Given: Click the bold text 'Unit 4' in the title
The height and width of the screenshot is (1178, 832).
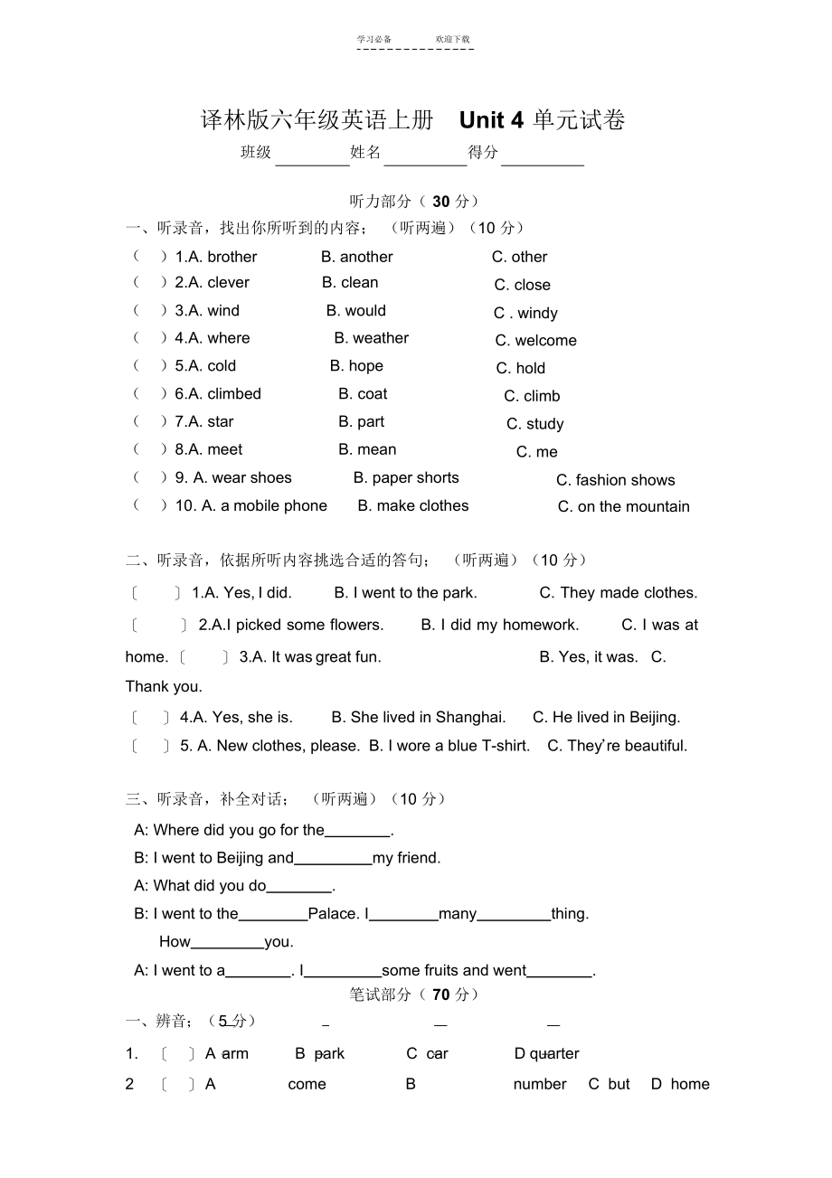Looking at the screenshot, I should [x=491, y=120].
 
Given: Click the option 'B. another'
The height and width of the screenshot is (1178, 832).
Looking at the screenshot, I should [x=357, y=257].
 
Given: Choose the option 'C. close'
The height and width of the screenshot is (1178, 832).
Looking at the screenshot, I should [x=522, y=285].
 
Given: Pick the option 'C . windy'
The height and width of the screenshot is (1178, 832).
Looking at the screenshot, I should [x=525, y=313].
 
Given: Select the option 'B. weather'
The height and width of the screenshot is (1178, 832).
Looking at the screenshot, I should [x=371, y=338].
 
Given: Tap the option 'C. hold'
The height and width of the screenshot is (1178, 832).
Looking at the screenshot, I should [x=520, y=368].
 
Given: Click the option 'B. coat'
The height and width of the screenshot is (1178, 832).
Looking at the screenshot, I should [x=363, y=394].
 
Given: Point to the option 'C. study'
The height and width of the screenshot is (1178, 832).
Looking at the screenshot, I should [x=534, y=424].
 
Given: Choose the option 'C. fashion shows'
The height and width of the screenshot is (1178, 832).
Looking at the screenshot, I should [x=615, y=480].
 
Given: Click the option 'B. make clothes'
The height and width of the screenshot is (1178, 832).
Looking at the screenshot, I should [x=413, y=506].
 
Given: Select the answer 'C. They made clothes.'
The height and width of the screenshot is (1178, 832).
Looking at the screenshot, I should [x=619, y=593].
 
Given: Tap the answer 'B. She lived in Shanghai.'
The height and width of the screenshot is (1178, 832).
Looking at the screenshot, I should [x=418, y=717].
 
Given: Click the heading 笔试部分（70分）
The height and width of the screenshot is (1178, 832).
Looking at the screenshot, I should [x=414, y=994].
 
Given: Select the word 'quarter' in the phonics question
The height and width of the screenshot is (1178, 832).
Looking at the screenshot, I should [x=554, y=1053].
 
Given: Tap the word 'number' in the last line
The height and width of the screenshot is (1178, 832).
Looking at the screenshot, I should [x=540, y=1084].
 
